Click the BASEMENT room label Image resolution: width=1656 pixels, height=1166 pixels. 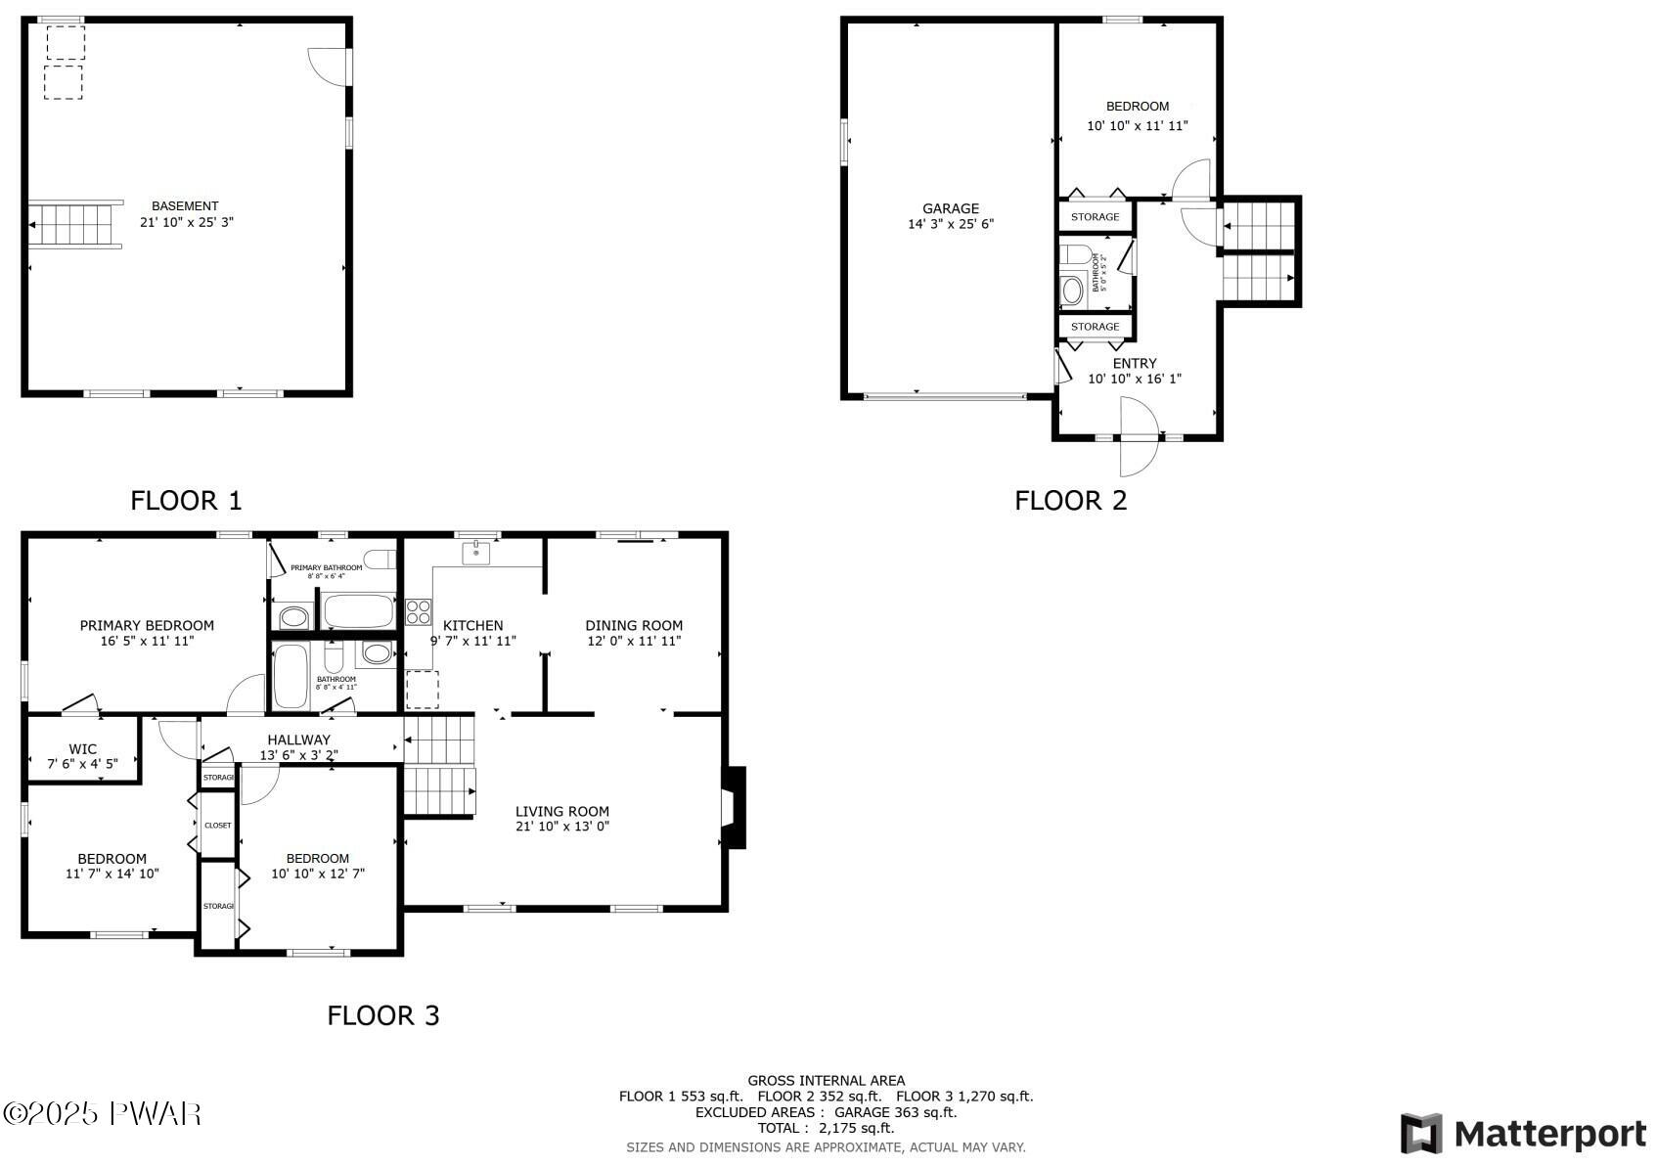[185, 206]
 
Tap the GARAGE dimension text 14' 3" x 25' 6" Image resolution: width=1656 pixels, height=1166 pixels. [950, 224]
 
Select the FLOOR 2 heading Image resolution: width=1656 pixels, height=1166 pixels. [1070, 501]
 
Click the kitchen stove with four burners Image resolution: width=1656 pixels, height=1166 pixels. [419, 612]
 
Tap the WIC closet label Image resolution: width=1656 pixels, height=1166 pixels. [82, 749]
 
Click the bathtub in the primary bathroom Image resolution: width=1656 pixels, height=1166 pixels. [358, 612]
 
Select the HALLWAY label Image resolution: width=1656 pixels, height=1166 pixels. [298, 740]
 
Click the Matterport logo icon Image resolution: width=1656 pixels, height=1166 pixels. [1420, 1134]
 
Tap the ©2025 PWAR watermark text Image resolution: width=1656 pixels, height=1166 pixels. [102, 1113]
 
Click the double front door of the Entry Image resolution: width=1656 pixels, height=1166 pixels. [1139, 437]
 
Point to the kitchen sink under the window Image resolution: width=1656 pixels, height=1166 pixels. [476, 553]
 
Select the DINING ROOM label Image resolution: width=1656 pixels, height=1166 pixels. [633, 625]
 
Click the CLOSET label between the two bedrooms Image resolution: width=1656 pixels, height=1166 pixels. [217, 825]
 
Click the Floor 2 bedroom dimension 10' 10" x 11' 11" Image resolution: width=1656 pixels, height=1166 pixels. [1137, 126]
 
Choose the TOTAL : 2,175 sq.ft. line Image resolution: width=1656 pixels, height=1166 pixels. [826, 1128]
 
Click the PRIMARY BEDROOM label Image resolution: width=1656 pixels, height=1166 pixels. [147, 625]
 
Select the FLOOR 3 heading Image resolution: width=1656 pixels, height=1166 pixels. [382, 1015]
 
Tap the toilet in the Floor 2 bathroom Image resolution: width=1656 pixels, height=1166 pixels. [1071, 257]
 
